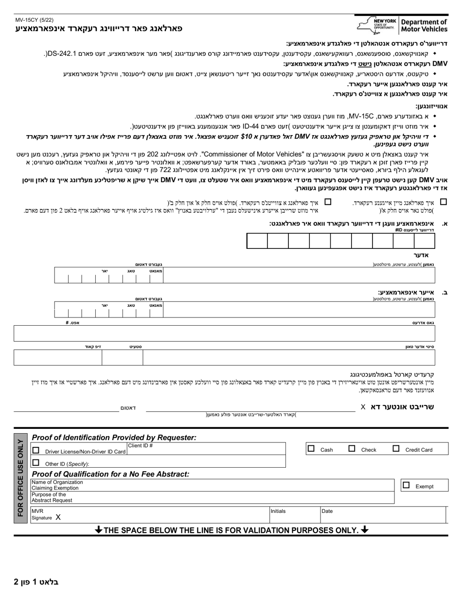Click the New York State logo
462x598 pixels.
click(376, 25)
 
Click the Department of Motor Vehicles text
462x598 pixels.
click(423, 26)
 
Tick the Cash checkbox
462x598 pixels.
click(311, 449)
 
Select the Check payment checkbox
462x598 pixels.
click(352, 449)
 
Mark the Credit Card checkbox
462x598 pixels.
click(396, 449)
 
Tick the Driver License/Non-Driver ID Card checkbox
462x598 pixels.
click(36, 450)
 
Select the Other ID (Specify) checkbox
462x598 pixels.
click(36, 463)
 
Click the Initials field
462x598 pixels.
click(294, 514)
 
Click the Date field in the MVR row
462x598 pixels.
click(384, 514)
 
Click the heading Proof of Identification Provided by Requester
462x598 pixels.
click(114, 438)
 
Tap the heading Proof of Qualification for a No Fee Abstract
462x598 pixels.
click(110, 474)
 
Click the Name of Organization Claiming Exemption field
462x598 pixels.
click(233, 485)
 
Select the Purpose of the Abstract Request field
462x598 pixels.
click(233, 497)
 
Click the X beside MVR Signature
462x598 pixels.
click(58, 518)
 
